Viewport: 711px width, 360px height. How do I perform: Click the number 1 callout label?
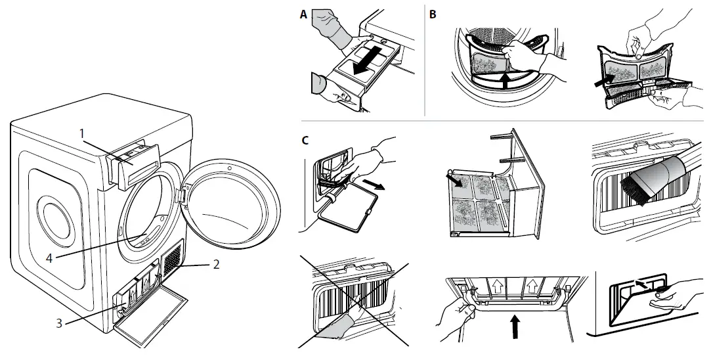coord(82,133)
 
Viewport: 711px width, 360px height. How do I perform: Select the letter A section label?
coord(303,14)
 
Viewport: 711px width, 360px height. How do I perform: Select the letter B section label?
coord(433,14)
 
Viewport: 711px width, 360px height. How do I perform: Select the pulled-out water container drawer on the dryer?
coord(134,162)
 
